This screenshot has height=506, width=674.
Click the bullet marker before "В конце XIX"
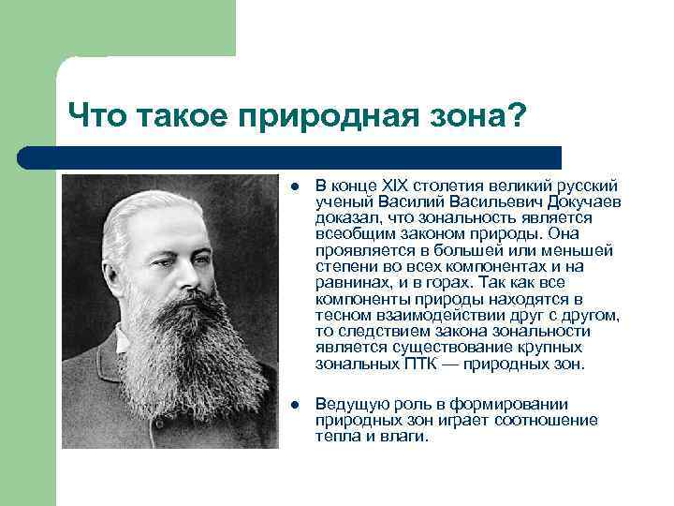pyautogui.click(x=293, y=187)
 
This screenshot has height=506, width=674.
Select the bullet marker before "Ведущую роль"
pyautogui.click(x=293, y=405)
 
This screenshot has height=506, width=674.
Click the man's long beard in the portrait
pyautogui.click(x=178, y=365)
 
